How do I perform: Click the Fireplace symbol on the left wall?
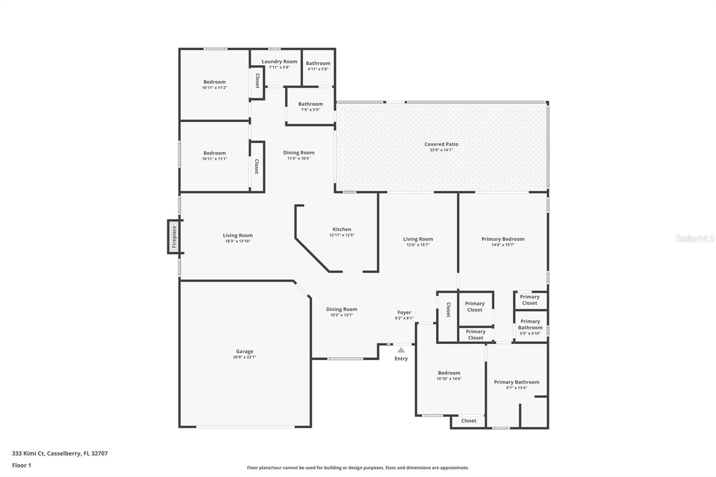point(174,237)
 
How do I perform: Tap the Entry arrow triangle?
point(401,350)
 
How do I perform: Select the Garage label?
point(244,352)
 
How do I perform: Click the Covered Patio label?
point(441,144)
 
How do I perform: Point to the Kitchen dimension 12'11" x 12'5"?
point(342,235)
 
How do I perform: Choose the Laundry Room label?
point(279,62)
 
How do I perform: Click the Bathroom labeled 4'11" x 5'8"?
point(318,66)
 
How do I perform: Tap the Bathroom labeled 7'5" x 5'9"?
point(310,106)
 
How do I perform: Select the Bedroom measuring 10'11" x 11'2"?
point(214,85)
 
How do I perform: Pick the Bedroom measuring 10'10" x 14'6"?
point(449,375)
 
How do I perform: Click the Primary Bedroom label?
point(503,239)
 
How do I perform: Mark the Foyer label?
point(404,313)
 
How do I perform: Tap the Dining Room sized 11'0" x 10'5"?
point(298,155)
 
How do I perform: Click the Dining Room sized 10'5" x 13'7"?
point(341,312)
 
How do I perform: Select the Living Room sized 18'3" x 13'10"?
point(238,238)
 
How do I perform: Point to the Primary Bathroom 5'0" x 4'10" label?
point(530,327)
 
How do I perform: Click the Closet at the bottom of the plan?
point(469,421)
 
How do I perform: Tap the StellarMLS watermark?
point(695,238)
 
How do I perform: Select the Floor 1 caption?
point(21,465)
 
